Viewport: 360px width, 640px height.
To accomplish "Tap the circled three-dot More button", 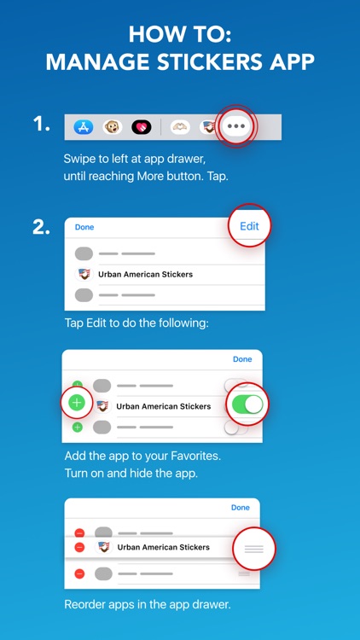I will [237, 126].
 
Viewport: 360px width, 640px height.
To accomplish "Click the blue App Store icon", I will [83, 127].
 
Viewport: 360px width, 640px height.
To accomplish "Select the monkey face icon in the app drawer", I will [112, 127].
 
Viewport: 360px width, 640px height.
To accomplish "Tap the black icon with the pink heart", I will [141, 127].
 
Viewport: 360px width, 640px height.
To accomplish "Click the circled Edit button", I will [249, 226].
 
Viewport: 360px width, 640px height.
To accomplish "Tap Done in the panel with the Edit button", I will [84, 227].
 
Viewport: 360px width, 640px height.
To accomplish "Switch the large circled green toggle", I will [247, 404].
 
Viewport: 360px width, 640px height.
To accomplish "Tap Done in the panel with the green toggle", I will [242, 359].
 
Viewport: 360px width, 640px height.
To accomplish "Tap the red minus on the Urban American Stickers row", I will [79, 547].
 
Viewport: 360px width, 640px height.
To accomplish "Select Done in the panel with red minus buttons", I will [241, 508].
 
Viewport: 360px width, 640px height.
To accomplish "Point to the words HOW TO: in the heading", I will [180, 34].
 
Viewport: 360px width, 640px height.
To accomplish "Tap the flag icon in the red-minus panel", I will [103, 547].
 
